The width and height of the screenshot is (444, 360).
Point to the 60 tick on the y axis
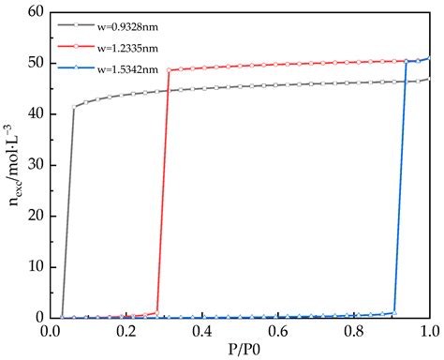[x=37, y=12]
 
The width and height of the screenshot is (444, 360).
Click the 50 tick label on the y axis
[x=37, y=63]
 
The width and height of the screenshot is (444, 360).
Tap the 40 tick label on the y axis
[x=37, y=114]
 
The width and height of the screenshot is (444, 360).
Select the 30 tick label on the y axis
[x=37, y=165]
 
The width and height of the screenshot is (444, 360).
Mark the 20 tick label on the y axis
[x=37, y=217]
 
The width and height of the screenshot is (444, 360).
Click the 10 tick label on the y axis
[x=37, y=267]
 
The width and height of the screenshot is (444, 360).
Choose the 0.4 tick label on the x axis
[x=202, y=332]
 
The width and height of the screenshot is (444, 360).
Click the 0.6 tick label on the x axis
[x=278, y=332]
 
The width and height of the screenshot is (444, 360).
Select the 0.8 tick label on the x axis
[x=354, y=332]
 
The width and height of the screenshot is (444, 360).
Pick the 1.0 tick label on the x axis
[x=428, y=332]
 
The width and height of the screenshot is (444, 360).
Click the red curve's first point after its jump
[x=170, y=70]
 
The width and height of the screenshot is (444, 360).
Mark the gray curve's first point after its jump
[x=74, y=107]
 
